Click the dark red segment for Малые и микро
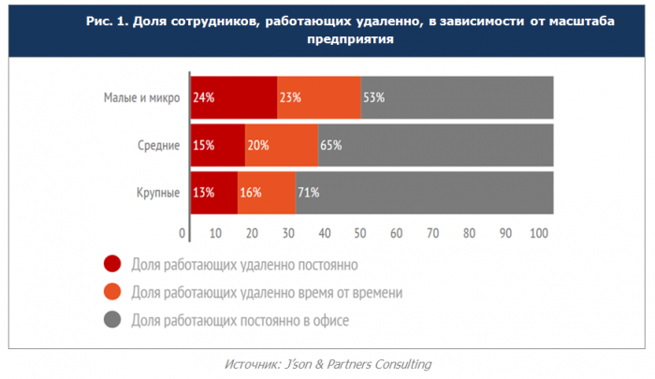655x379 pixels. pos(234,97)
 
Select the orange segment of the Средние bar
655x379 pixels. pos(281,145)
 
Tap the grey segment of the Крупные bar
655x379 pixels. pos(424,193)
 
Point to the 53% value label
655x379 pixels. pos(373,97)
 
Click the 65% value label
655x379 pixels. pos(330,145)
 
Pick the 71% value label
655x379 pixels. pos(308,193)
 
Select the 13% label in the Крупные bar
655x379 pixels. pos(203,193)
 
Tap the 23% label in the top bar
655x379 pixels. pos(289,97)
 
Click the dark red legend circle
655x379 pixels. pos(111,265)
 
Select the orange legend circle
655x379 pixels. pos(111,293)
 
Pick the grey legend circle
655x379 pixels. pos(111,321)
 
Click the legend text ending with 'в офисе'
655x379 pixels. pos(240,321)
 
